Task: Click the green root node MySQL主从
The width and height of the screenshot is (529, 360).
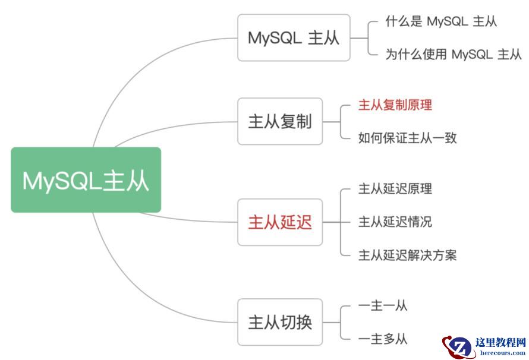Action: coord(86,180)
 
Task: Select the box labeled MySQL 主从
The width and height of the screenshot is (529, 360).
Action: coord(294,38)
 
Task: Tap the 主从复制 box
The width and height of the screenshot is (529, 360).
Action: coord(280,122)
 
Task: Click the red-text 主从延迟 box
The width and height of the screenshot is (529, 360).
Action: coord(280,222)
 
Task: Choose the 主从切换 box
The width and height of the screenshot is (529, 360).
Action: coord(280,323)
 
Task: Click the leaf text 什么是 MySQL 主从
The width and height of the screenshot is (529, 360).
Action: coord(441,22)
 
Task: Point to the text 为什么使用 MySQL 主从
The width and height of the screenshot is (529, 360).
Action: coord(454,55)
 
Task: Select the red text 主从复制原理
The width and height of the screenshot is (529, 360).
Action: coord(395,106)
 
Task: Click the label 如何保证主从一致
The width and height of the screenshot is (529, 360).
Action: coord(407,138)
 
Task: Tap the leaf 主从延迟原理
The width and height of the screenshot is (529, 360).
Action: coord(395,190)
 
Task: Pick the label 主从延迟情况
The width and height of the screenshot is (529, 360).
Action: coord(395,222)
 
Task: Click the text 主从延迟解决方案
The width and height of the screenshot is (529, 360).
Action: coord(407,255)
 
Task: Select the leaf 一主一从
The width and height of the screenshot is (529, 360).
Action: coord(383,307)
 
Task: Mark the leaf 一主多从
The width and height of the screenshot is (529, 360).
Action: coord(383,339)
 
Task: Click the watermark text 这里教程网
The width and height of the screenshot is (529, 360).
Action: coord(500,343)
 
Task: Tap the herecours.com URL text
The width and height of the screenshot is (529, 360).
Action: coord(500,352)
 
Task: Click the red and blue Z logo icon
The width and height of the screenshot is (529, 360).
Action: coord(458,347)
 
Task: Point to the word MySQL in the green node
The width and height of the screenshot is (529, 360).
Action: coord(62,181)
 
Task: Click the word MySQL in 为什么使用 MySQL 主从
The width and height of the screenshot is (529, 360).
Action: coord(472,55)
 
